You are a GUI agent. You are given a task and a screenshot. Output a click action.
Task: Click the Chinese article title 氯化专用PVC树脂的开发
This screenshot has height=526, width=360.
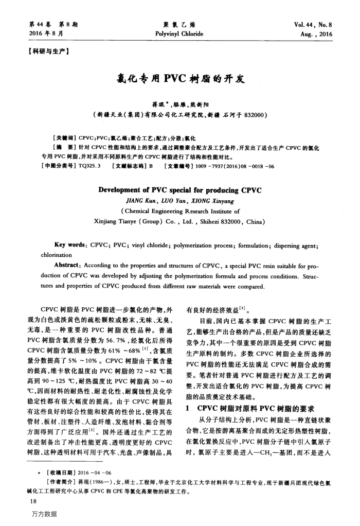pos(179,80)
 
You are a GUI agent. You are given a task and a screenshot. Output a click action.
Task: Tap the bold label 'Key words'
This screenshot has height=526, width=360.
pos(69,246)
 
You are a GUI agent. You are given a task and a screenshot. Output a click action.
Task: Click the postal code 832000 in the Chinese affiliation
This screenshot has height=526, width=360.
pos(252,114)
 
